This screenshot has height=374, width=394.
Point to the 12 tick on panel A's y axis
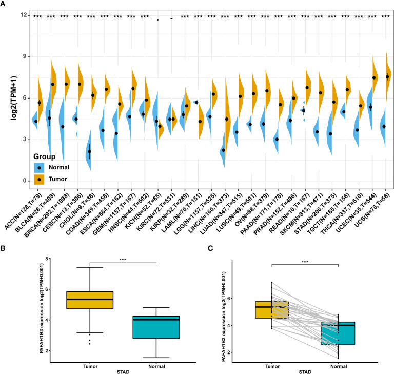pyautogui.click(x=24, y=15)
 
